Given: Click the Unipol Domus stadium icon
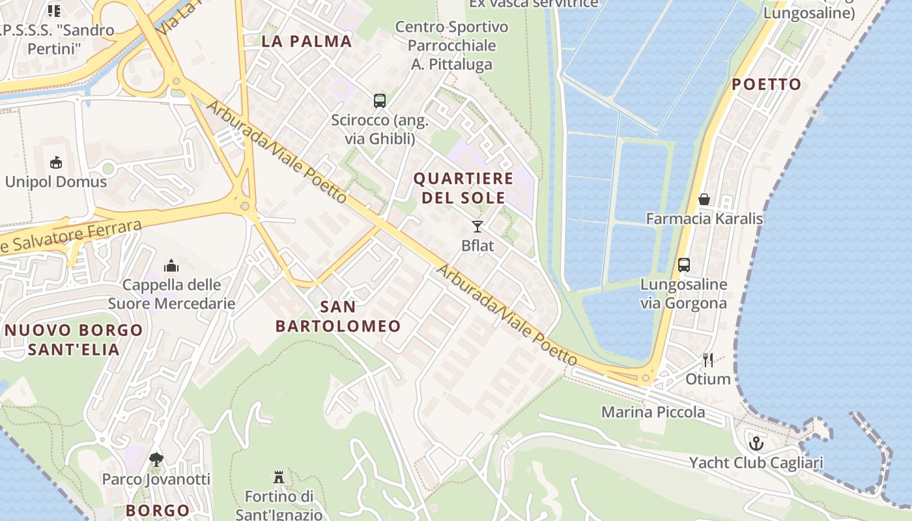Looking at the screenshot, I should tap(55, 163).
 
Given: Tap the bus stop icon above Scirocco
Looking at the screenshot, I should tap(380, 101).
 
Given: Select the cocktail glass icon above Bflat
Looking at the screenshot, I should tap(477, 227).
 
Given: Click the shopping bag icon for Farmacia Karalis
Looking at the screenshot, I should tap(704, 199).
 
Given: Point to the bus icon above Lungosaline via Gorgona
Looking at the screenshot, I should tap(683, 265).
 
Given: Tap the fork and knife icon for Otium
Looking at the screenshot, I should tap(708, 359).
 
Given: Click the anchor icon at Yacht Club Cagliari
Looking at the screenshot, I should tap(756, 444).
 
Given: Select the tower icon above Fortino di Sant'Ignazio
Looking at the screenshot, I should tap(279, 477).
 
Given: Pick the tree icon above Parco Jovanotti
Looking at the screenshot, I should tap(156, 460).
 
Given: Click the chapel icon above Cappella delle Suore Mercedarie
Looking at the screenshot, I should tap(171, 266).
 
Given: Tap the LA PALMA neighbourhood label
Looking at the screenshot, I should tap(306, 42).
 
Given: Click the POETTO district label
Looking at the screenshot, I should tap(766, 85).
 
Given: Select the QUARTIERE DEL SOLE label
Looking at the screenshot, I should tap(463, 188).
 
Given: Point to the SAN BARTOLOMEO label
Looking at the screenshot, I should tap(338, 316).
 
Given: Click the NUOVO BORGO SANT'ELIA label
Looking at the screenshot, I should tap(74, 339).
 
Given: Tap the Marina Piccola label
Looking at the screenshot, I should tap(653, 412).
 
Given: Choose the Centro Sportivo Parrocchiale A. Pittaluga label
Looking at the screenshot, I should tap(451, 46).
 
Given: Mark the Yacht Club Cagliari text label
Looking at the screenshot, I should tap(756, 463).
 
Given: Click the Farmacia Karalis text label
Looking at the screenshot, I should tap(704, 218).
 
